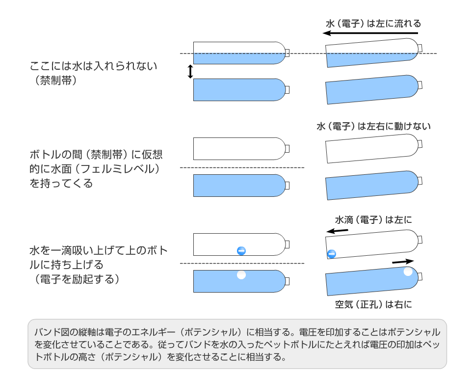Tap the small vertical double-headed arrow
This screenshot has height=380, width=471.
(190, 72)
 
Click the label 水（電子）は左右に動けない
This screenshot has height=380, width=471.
(373, 126)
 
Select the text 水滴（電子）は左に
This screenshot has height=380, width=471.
(373, 219)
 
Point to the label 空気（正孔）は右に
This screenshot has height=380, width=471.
(373, 304)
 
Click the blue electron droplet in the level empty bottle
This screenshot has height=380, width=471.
(241, 251)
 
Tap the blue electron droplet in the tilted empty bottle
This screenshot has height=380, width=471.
(332, 254)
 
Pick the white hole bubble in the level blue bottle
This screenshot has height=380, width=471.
(241, 275)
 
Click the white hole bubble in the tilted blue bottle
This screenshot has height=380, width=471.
(408, 271)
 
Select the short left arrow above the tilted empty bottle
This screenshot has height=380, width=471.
(338, 230)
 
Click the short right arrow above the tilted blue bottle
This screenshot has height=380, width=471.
(403, 262)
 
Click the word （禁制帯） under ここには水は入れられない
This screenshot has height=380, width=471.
(53, 80)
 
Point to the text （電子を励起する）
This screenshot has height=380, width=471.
(74, 279)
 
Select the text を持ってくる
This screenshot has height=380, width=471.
(61, 184)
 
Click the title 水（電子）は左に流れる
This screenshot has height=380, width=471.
(373, 23)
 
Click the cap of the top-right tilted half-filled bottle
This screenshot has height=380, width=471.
(420, 47)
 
